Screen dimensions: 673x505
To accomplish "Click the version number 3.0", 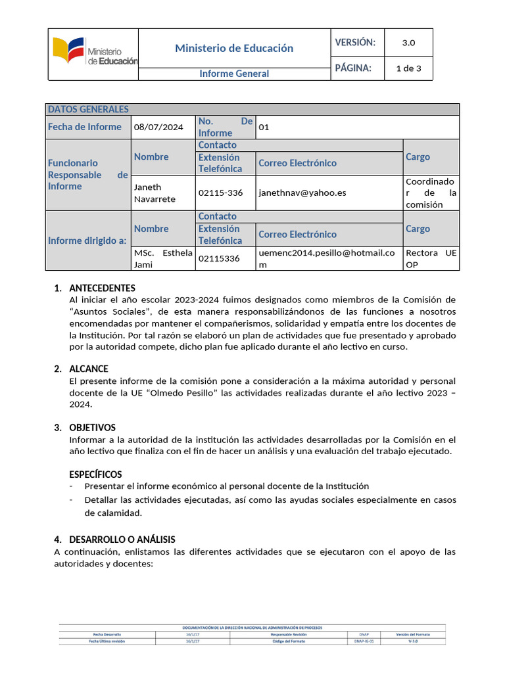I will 408,43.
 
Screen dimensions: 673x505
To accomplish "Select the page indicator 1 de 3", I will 408,68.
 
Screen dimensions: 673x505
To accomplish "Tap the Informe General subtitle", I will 234,74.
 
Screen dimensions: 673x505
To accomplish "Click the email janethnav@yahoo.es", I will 302,193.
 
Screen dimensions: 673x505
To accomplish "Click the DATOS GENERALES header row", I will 252,109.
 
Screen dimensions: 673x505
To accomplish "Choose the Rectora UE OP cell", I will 431,258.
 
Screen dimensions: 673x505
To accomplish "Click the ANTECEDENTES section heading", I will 102,288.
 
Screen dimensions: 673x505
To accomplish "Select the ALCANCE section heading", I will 89,369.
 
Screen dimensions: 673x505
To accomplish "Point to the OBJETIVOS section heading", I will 92,427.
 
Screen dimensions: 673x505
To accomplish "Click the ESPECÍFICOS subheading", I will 95,475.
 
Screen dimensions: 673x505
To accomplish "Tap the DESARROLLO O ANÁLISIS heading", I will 121,540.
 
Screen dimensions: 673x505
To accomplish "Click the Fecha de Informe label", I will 85,127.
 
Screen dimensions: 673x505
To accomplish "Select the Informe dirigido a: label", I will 87,241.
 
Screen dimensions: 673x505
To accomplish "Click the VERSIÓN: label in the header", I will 355,43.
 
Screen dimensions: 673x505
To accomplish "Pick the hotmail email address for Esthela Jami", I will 327,258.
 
